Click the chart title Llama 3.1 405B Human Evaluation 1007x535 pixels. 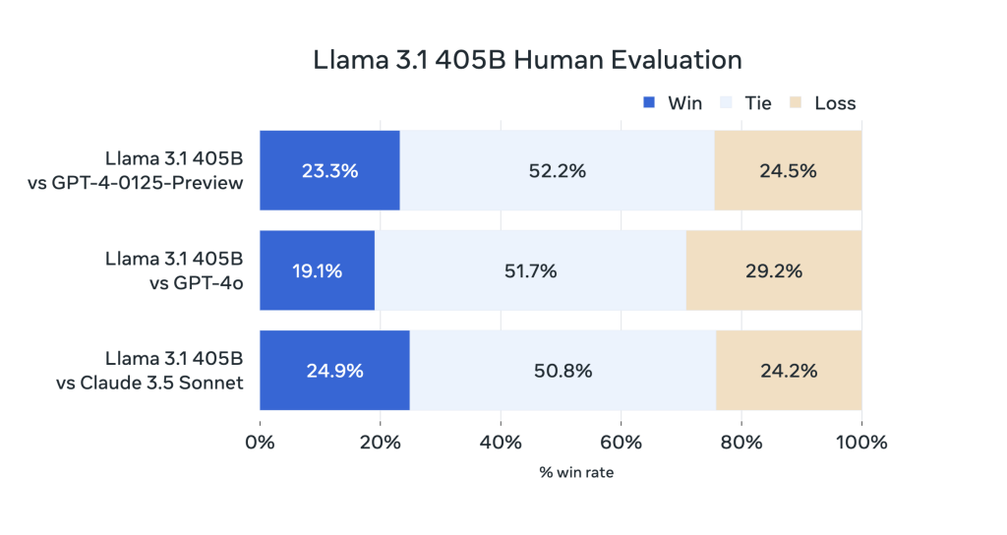point(527,60)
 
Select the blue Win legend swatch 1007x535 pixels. point(648,102)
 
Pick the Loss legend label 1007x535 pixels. point(835,102)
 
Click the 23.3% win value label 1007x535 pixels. point(329,170)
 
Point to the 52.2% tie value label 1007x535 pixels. point(557,170)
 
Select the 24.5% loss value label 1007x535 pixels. point(788,170)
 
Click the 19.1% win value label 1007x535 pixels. point(317,270)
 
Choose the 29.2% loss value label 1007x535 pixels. point(774,270)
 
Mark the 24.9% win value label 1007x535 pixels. point(334,371)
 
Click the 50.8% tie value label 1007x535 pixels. point(563,371)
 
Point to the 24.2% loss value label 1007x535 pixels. point(789,371)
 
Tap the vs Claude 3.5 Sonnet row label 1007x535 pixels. point(148,383)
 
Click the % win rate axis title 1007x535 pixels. point(576,473)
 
